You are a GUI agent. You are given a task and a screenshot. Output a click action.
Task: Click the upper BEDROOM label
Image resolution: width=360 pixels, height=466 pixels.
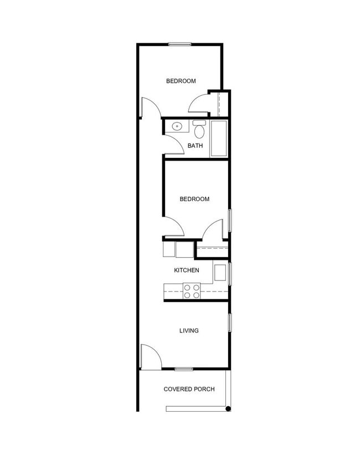(x=181, y=81)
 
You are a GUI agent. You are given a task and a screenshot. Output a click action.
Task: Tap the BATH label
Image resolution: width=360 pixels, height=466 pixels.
(x=195, y=146)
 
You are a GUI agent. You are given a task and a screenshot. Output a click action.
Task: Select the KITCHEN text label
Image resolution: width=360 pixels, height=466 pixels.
(x=186, y=270)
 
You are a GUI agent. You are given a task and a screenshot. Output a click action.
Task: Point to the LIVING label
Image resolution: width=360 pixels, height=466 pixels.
(x=189, y=331)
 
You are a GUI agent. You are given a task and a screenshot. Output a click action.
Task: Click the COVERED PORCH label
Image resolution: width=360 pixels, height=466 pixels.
(x=189, y=389)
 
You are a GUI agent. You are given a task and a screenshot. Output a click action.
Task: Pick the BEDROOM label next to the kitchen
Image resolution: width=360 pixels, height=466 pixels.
(x=194, y=199)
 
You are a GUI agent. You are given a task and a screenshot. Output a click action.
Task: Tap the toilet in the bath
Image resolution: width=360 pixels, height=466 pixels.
(x=199, y=130)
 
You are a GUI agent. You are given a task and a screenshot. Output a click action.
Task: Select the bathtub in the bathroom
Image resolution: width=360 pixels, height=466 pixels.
(x=219, y=138)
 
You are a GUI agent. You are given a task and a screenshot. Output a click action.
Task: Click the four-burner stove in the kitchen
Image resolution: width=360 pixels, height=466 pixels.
(x=192, y=291)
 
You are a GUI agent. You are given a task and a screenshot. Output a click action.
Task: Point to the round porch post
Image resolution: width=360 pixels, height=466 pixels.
(x=228, y=409)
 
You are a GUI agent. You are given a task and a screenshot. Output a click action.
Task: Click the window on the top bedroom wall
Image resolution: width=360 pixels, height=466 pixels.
(x=180, y=44)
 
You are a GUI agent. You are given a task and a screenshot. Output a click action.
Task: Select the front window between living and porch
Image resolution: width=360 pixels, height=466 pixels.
(x=184, y=369)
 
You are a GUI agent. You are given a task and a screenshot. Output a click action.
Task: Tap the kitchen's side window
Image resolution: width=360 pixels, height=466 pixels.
(x=230, y=273)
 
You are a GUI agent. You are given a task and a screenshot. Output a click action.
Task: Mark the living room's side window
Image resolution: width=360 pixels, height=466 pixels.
(x=230, y=322)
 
